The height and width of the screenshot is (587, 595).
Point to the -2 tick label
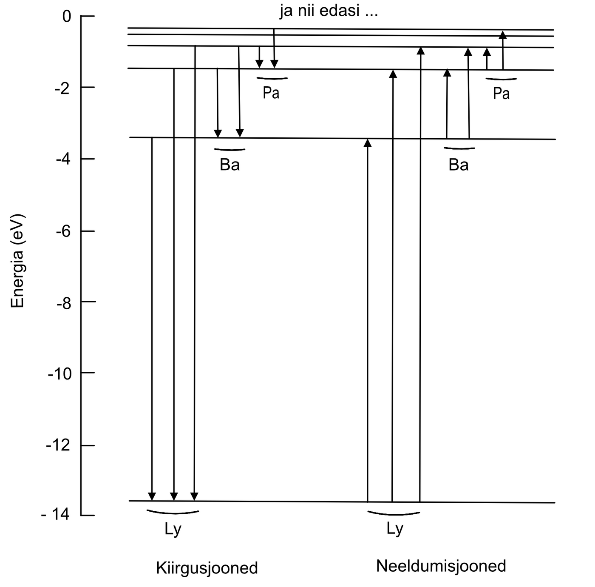pyautogui.click(x=63, y=88)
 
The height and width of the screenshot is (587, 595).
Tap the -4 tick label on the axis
pyautogui.click(x=63, y=159)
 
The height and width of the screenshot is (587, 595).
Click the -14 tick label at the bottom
pyautogui.click(x=55, y=515)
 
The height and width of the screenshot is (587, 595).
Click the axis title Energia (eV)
pyautogui.click(x=18, y=261)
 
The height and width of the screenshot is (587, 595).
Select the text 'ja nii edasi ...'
pyautogui.click(x=329, y=11)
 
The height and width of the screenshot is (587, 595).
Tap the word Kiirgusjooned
pyautogui.click(x=207, y=568)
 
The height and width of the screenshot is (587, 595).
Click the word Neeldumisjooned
pyautogui.click(x=441, y=566)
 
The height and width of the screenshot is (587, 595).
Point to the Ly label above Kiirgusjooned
pyautogui.click(x=173, y=530)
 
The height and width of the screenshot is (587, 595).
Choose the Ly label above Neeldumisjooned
pyautogui.click(x=395, y=529)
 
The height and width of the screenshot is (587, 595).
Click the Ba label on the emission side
pyautogui.click(x=229, y=165)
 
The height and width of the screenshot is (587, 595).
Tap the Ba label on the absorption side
pyautogui.click(x=459, y=165)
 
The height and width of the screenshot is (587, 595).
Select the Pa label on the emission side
pyautogui.click(x=271, y=93)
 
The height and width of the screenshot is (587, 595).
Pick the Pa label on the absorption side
pyautogui.click(x=501, y=94)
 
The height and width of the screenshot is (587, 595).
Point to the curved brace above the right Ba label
pyautogui.click(x=459, y=148)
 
